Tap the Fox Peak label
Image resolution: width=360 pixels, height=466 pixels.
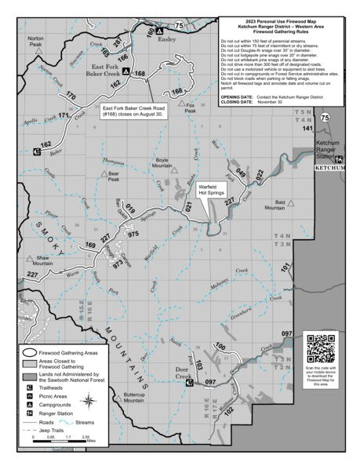(x=190, y=109)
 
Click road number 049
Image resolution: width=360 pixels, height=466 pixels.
(x=242, y=173)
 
